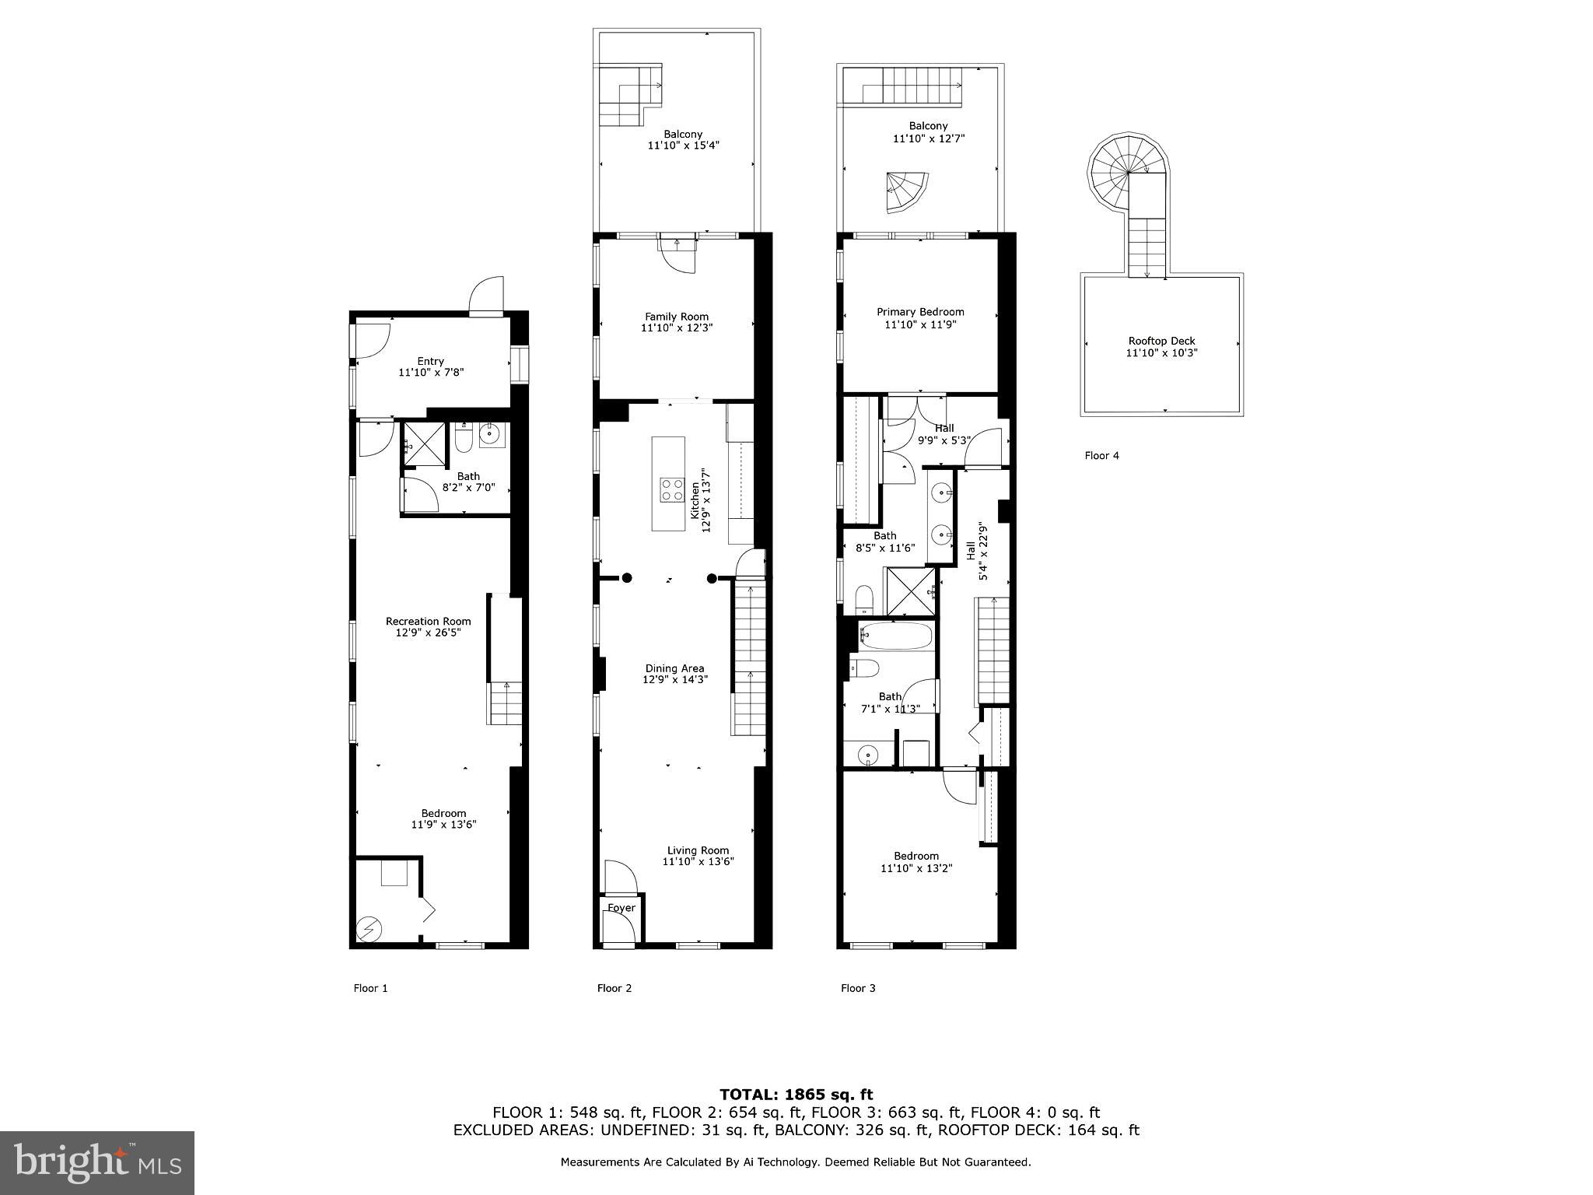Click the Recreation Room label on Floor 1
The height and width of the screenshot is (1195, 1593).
(429, 621)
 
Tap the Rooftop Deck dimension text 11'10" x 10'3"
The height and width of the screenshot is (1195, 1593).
(1161, 353)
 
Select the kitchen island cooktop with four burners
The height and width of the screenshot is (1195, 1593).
(668, 489)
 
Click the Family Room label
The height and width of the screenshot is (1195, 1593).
(677, 317)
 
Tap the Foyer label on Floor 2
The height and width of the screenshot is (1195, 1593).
(621, 908)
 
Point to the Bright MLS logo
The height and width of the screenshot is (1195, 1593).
(96, 1162)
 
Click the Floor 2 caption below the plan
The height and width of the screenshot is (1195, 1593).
(614, 988)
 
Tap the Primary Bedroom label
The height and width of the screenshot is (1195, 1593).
(920, 312)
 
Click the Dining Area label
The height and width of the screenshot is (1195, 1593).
(674, 668)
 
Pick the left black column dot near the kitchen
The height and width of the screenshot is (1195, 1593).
(627, 578)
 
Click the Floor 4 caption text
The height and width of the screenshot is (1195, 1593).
(1101, 456)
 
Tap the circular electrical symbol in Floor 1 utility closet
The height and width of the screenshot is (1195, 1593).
(369, 928)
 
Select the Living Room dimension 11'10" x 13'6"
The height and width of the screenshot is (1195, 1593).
(698, 862)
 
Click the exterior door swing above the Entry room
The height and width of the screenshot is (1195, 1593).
(488, 296)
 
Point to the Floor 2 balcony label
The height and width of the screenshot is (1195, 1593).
(683, 134)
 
